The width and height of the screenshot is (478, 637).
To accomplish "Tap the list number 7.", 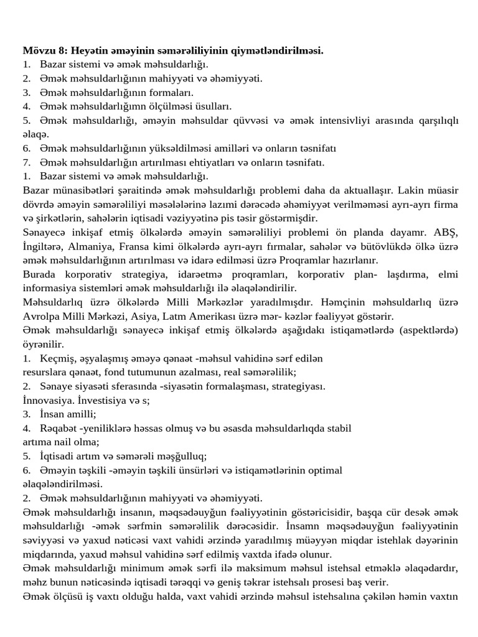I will tap(26, 162).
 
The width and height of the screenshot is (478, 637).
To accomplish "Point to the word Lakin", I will tap(411, 190).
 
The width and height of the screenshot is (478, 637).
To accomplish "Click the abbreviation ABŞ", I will tap(445, 232).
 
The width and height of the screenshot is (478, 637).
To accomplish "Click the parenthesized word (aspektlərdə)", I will tap(427, 330).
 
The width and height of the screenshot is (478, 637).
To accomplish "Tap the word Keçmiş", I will tap(57, 358).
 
